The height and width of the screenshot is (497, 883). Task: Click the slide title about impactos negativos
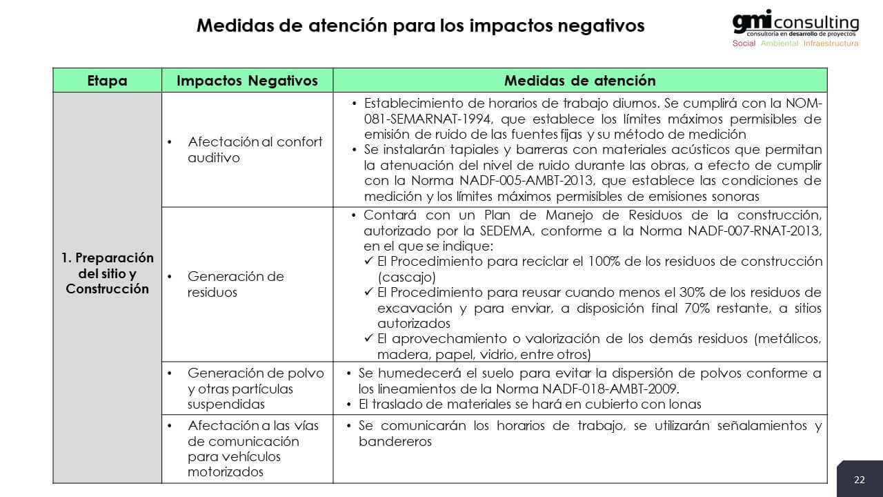(x=420, y=26)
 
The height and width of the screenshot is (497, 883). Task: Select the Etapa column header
(x=108, y=80)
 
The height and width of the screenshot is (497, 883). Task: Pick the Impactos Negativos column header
(x=247, y=80)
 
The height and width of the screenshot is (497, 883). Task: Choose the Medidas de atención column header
(x=579, y=80)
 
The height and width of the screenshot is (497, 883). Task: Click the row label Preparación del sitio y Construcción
(x=108, y=273)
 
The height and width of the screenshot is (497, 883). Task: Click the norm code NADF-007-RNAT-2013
(x=755, y=231)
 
